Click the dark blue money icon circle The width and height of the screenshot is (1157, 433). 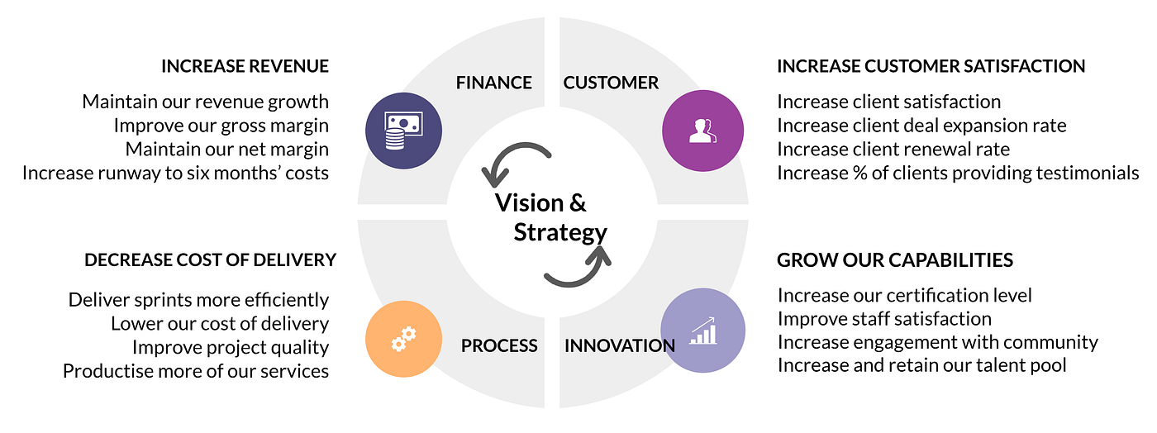click(x=404, y=130)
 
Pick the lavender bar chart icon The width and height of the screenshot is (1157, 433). click(x=703, y=331)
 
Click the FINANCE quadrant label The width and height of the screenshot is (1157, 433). click(x=493, y=83)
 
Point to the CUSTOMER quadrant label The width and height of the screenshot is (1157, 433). click(x=611, y=83)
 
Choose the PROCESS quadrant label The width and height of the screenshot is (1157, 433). click(x=499, y=345)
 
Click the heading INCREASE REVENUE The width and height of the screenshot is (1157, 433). click(x=245, y=66)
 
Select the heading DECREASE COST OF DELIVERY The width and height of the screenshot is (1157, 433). click(x=210, y=260)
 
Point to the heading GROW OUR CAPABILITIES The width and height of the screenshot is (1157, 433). click(x=895, y=260)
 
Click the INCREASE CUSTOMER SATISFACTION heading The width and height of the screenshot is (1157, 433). click(x=931, y=66)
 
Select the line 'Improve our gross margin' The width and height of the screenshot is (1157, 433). click(x=221, y=126)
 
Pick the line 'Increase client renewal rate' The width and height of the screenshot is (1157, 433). click(x=893, y=150)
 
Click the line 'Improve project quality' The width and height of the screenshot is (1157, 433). click(x=231, y=347)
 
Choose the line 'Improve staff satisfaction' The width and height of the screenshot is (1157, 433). click(x=884, y=319)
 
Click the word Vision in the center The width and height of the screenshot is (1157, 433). click(x=529, y=203)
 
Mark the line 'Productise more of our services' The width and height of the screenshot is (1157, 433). click(x=196, y=371)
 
